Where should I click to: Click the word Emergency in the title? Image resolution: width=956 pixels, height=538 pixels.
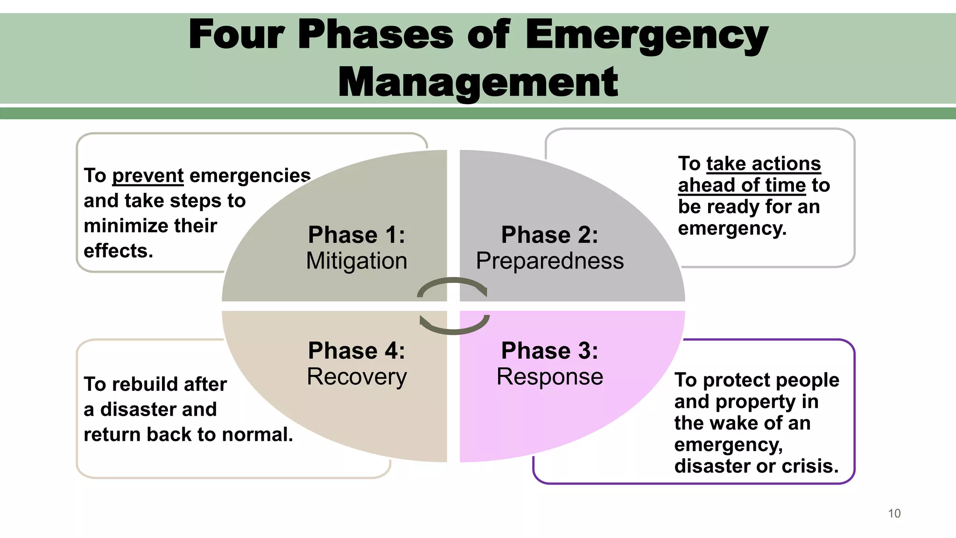coord(646,35)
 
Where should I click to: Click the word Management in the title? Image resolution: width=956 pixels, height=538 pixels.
coord(478,82)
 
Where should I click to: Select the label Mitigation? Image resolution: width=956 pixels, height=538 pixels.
coord(357,261)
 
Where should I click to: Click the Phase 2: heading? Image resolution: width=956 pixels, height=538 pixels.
coord(549,234)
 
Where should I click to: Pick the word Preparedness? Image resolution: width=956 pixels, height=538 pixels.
coord(549,261)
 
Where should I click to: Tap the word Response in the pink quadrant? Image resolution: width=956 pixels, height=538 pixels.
coord(549,376)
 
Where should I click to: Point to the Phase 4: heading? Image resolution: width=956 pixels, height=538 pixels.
coord(357,350)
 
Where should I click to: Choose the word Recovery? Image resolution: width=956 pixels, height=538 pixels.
coord(357,376)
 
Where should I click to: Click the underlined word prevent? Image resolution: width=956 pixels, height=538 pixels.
coord(148,176)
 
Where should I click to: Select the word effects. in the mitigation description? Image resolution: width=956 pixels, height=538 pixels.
coord(118,251)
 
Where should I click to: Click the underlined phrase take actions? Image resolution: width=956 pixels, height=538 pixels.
coord(763,164)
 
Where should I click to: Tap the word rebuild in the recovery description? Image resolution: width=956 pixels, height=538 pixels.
coord(140,384)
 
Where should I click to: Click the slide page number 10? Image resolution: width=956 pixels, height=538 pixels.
coord(894,513)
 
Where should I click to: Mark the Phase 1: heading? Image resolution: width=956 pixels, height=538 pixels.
coord(357,234)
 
